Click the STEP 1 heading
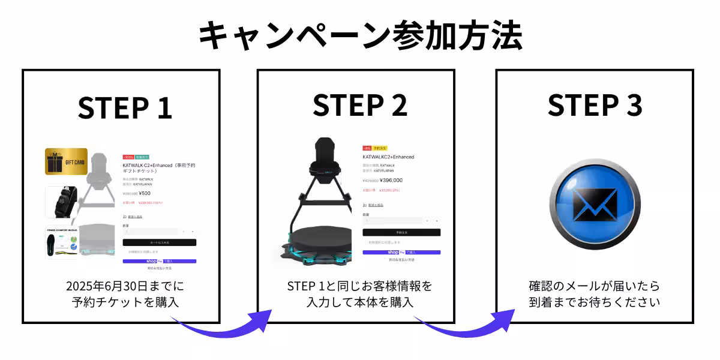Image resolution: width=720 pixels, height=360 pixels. (x=125, y=107)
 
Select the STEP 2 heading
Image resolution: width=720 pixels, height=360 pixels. (x=359, y=105)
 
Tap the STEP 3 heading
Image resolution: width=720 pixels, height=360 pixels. (x=595, y=105)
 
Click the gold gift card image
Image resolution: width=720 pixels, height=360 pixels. (x=66, y=161)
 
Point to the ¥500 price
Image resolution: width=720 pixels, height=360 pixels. (x=145, y=193)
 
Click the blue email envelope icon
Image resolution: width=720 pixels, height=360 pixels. (x=595, y=205)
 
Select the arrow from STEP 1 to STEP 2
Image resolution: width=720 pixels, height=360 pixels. (x=222, y=325)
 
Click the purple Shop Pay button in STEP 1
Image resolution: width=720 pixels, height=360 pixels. (x=159, y=261)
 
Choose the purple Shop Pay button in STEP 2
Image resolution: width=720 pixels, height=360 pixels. (x=401, y=253)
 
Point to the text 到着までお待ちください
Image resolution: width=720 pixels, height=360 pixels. (x=594, y=302)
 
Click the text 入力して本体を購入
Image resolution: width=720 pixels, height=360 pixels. (x=359, y=302)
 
